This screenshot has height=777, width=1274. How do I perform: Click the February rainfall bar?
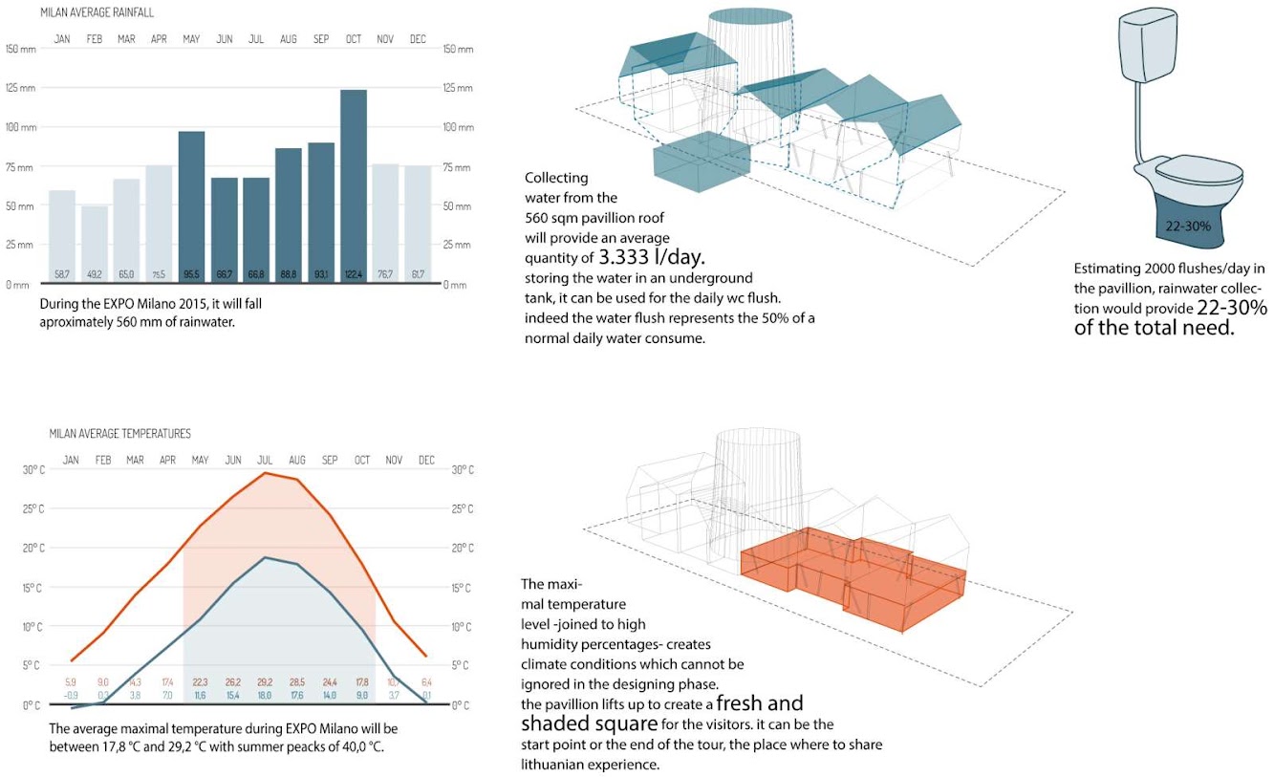95,244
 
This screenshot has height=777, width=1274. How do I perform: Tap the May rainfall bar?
191,205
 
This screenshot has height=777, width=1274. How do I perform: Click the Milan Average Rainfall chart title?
97,12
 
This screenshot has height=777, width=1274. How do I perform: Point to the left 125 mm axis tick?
20,88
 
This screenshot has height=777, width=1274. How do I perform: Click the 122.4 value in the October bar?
354,275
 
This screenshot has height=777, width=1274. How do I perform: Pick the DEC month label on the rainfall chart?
418,39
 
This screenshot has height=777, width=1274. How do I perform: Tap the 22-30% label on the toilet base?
1190,227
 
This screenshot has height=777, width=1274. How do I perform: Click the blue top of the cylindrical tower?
750,16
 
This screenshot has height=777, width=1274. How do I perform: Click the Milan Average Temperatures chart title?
119,434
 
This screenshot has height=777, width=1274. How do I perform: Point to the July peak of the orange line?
266,473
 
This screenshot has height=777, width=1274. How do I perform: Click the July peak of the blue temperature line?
266,558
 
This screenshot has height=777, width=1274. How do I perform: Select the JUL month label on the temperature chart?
266,461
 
